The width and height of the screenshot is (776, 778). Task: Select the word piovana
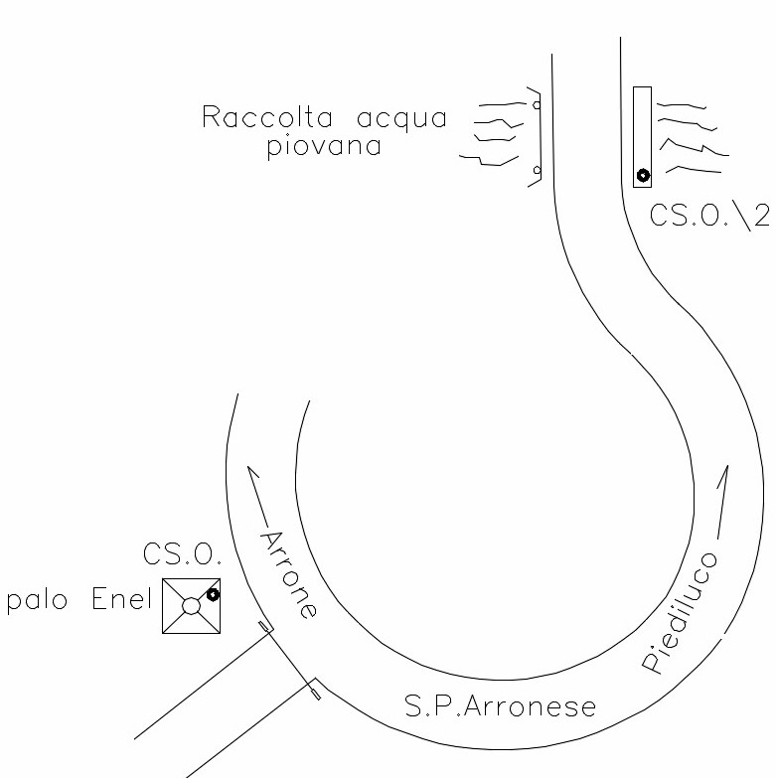click(324, 147)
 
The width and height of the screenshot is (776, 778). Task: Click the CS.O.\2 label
click(709, 216)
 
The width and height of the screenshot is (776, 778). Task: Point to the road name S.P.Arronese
click(501, 706)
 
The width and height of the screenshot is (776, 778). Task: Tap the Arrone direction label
click(290, 574)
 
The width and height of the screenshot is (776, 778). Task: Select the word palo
click(37, 601)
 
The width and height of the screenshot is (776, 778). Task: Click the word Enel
click(123, 599)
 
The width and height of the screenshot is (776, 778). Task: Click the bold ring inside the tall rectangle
click(643, 176)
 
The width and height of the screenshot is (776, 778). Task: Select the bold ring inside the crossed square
click(213, 594)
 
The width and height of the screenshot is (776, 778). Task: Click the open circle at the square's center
click(192, 605)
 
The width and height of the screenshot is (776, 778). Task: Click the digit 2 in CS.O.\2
click(759, 216)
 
